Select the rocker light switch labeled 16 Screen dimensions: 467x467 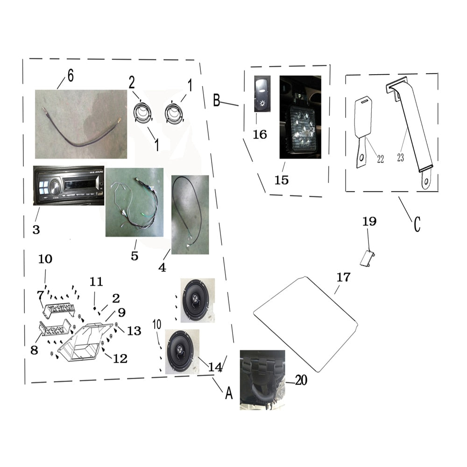(262, 94)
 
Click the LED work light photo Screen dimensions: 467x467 (300, 118)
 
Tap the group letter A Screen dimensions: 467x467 (228, 393)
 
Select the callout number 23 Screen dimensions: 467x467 (400, 158)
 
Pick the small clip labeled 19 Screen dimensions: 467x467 (368, 258)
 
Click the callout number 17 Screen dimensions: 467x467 (343, 277)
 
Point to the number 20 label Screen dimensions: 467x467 (301, 381)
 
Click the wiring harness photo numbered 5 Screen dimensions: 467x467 (134, 202)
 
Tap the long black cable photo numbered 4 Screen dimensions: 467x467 (190, 214)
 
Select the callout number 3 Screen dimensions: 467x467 (36, 229)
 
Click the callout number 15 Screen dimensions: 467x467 (282, 180)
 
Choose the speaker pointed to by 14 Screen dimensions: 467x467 (182, 351)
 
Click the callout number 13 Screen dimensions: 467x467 (134, 331)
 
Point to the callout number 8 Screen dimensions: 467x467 (34, 350)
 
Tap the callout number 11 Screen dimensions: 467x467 (96, 282)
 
